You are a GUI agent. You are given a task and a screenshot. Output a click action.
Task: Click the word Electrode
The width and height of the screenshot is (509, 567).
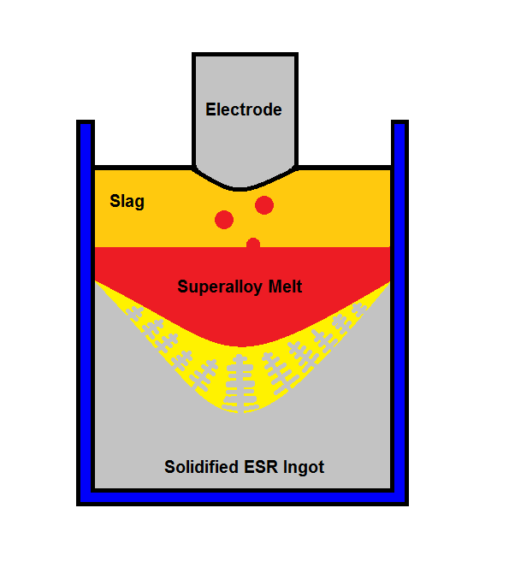point(244,109)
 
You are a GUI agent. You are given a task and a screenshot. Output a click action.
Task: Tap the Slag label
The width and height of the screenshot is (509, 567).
point(127,202)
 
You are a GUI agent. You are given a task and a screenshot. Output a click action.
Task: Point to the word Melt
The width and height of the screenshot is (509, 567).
point(285,286)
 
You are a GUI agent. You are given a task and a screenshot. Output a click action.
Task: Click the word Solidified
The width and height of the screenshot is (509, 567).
point(201,467)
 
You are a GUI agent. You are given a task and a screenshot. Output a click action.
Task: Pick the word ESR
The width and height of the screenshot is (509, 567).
point(261,467)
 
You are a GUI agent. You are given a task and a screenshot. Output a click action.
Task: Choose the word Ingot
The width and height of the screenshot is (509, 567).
point(304,468)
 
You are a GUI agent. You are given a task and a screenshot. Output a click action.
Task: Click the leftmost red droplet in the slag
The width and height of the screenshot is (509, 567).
point(224,220)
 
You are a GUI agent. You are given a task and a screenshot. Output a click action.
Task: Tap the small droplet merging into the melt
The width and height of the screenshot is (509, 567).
point(253,243)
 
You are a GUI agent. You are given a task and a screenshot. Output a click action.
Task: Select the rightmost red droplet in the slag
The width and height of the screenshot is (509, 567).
point(264,205)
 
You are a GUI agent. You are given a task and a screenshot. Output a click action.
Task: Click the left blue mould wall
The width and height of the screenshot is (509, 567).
point(86,307)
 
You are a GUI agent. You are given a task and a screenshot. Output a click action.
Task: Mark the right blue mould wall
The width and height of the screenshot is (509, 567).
point(400,307)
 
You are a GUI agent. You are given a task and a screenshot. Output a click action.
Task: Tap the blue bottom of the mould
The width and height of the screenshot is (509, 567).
point(242,498)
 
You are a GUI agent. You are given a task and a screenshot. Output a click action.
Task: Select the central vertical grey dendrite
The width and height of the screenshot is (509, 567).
point(240,384)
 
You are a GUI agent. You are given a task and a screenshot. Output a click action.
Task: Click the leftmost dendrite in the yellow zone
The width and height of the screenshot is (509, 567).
point(134,314)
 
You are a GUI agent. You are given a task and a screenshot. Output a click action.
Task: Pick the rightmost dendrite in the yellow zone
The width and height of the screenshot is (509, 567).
point(359,310)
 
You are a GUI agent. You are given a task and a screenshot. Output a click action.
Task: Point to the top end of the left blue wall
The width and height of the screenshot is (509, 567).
point(86,122)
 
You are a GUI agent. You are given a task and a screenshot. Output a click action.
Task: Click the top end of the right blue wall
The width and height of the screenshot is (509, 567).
point(400,122)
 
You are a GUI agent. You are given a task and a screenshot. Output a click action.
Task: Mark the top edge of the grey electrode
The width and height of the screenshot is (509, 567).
point(245,55)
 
